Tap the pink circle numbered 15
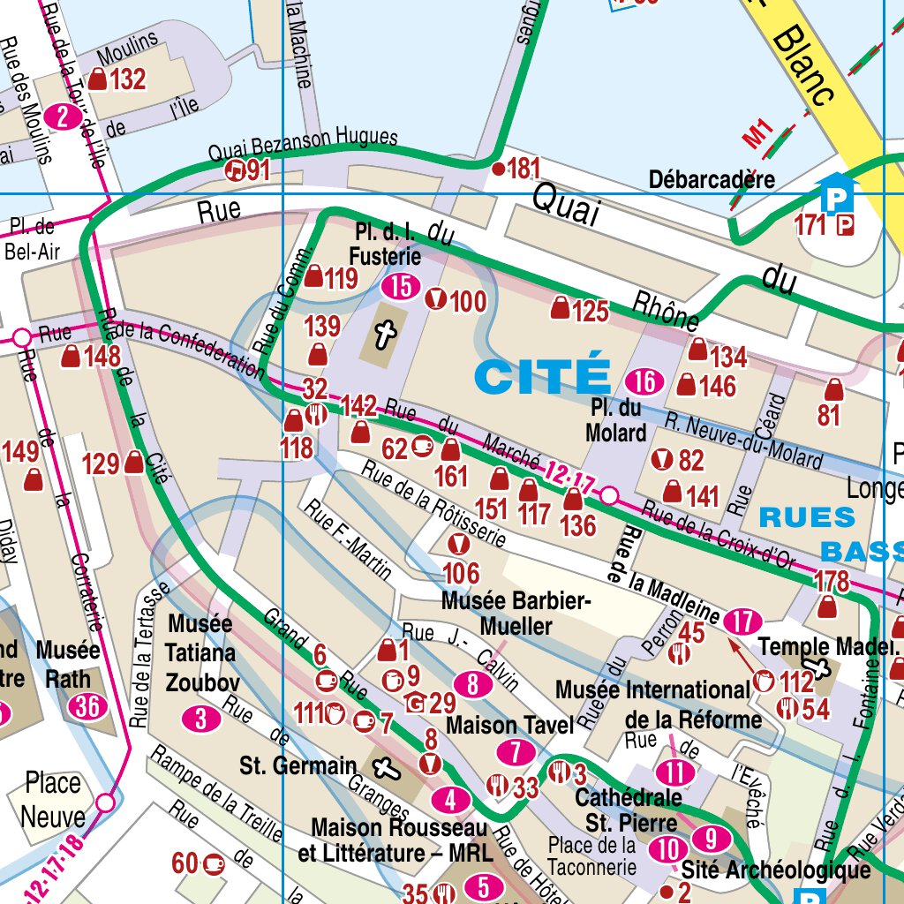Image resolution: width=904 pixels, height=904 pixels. click(401, 286)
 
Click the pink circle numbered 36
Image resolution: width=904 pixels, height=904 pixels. click(87, 707)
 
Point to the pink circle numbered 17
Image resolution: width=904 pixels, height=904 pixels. click(742, 621)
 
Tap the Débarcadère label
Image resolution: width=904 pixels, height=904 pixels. click(712, 180)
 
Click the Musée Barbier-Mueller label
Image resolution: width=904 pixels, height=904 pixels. click(516, 614)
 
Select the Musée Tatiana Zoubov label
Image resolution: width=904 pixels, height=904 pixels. click(201, 653)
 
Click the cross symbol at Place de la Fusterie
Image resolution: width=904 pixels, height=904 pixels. click(384, 334)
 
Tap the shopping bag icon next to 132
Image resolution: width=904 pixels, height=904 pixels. click(98, 79)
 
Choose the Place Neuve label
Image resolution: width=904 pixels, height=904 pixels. click(52, 799)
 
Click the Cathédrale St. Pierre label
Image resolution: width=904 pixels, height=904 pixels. click(628, 810)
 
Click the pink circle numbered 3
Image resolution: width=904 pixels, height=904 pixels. click(201, 719)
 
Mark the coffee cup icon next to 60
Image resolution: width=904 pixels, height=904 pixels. click(212, 863)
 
